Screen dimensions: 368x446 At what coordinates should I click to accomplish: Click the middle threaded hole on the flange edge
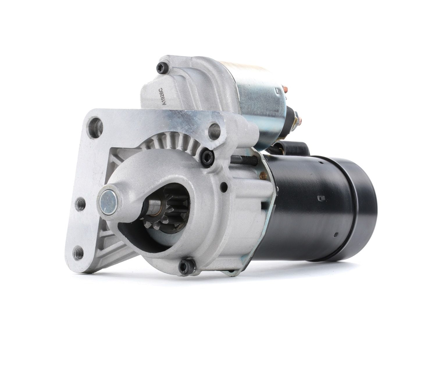tap(80, 204)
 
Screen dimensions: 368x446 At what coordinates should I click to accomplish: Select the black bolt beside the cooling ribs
tap(207, 157)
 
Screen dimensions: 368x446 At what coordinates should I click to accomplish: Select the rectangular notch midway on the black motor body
tap(320, 198)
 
